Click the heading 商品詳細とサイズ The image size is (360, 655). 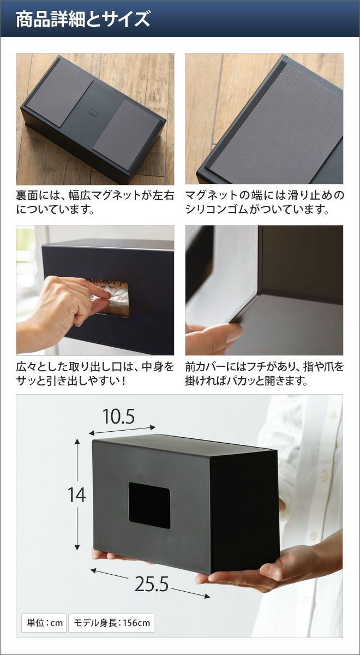83,19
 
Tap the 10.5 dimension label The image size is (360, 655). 119,416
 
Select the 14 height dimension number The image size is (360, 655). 76,495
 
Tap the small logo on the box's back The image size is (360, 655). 93,112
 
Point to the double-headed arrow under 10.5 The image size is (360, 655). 122,431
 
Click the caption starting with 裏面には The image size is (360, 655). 95,203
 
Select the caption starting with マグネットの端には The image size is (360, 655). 265,203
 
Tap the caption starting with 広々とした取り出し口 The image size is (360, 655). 95,374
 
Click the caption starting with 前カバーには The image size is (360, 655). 265,374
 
